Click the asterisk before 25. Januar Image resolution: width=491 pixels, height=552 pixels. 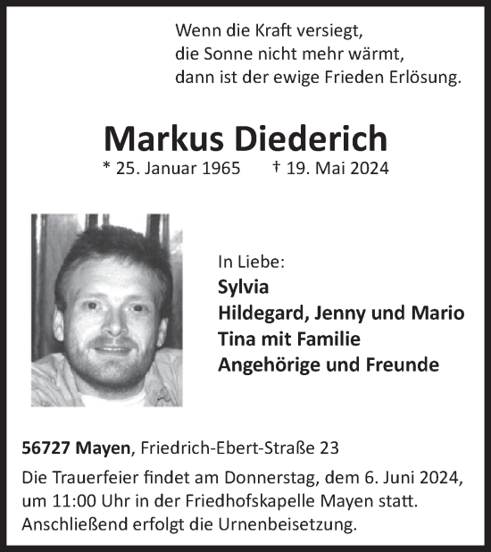tap(108, 167)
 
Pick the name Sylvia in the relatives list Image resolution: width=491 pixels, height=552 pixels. tap(242, 289)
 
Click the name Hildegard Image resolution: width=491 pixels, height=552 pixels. tap(259, 314)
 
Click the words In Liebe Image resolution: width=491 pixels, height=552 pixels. tap(251, 263)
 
